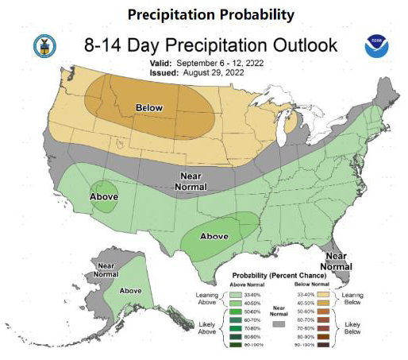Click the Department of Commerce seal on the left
coord(40,46)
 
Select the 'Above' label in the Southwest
coord(103,197)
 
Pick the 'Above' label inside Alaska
coord(129,291)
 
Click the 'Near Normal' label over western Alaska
coord(104,269)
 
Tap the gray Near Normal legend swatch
coord(279,324)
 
